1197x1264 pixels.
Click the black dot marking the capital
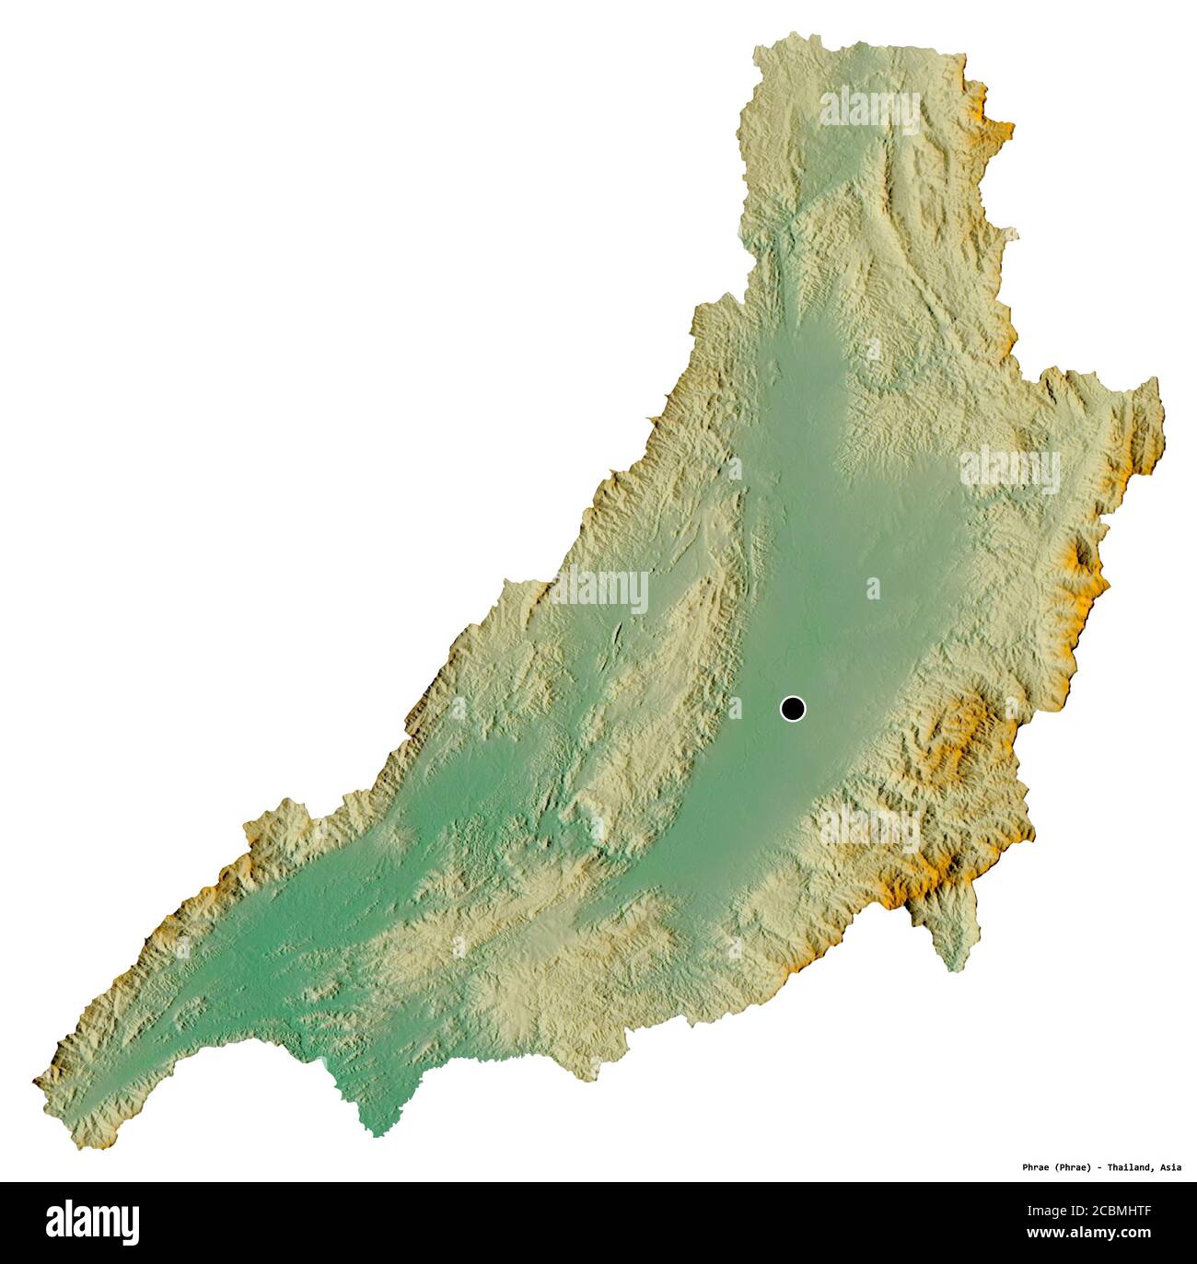[792, 708]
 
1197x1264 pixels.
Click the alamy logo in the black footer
[92, 1222]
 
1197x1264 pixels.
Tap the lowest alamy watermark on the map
[869, 826]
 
